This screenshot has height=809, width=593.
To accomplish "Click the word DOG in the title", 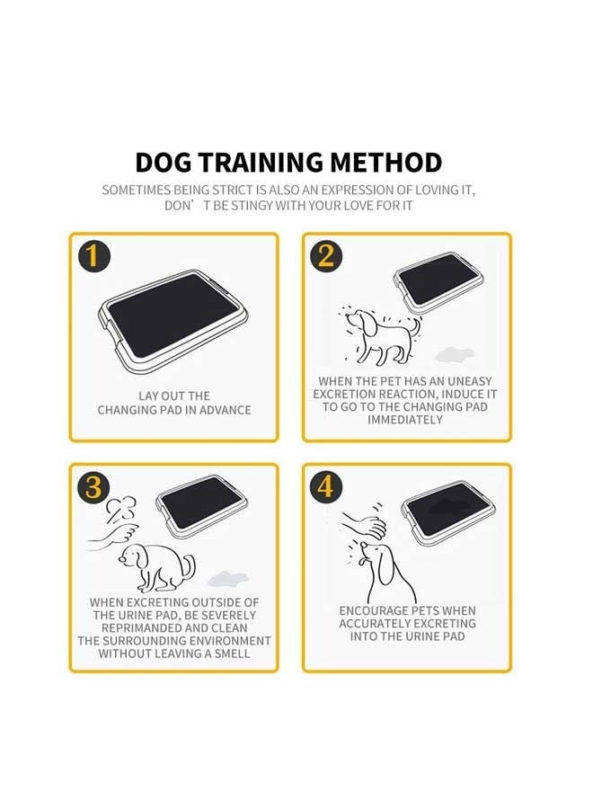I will pyautogui.click(x=163, y=163).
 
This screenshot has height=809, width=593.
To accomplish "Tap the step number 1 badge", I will pyautogui.click(x=93, y=256).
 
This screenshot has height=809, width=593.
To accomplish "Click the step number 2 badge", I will pyautogui.click(x=325, y=256).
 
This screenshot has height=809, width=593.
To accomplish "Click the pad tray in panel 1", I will pyautogui.click(x=173, y=319).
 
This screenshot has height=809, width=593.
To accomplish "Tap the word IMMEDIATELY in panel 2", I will pyautogui.click(x=405, y=420).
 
